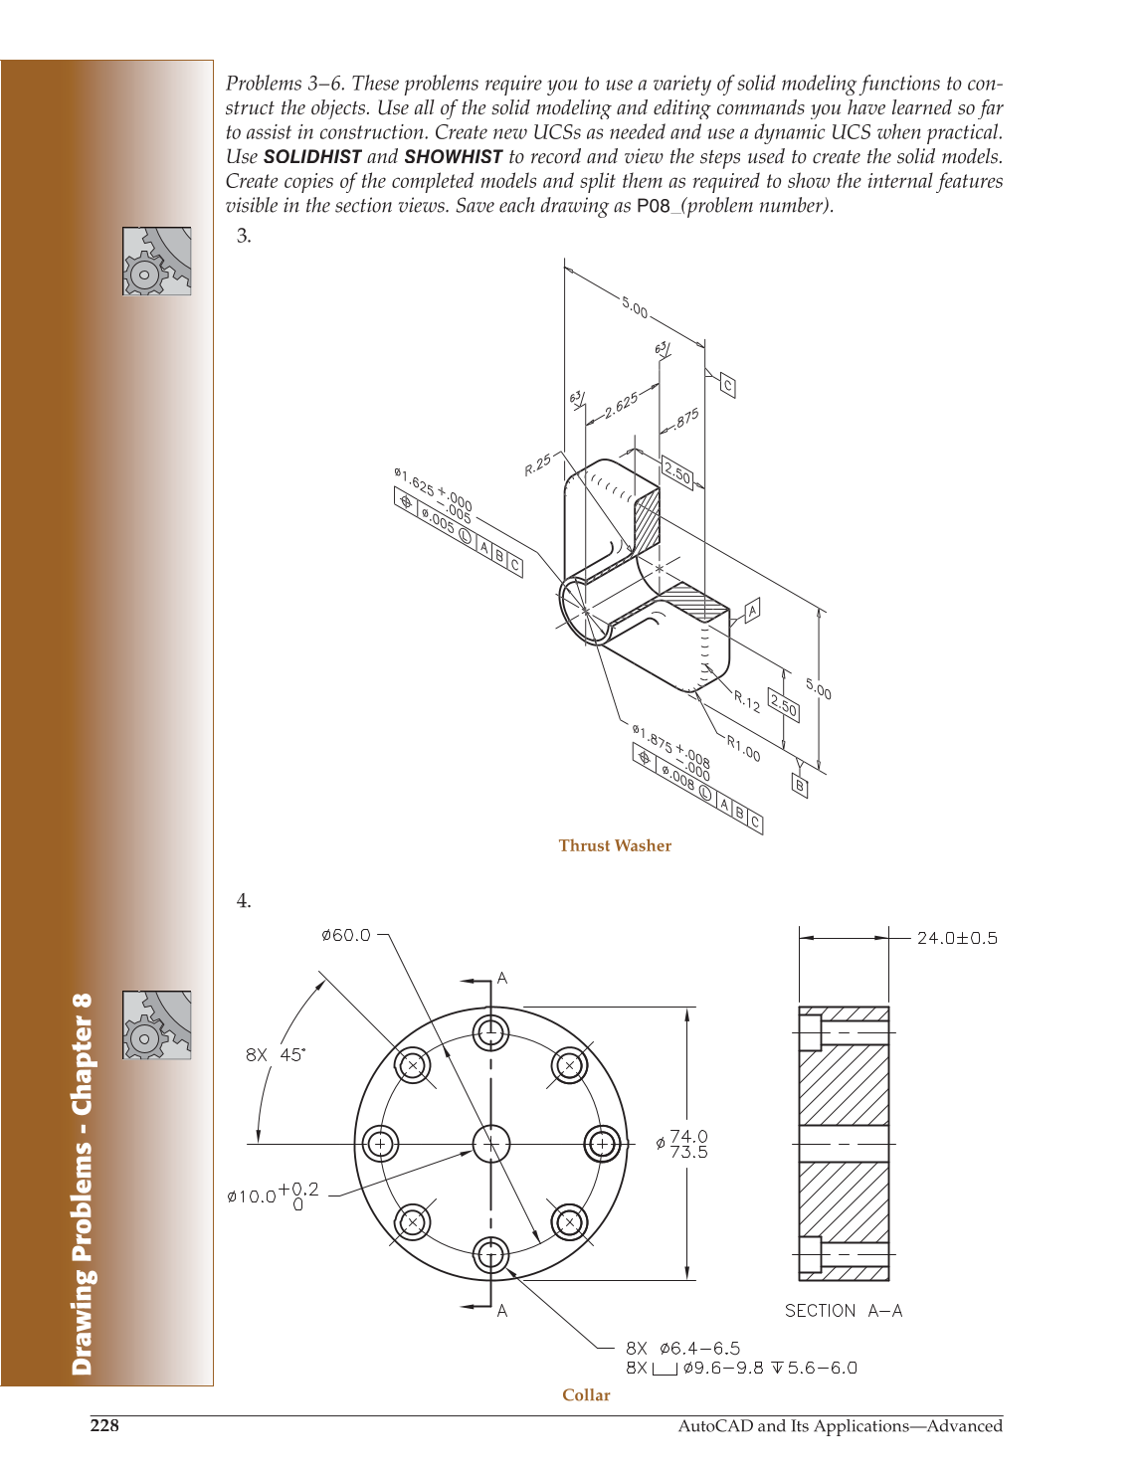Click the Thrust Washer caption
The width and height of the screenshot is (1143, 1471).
[615, 845]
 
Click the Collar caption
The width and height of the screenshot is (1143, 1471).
[586, 1394]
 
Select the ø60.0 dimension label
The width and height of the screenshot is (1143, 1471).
[345, 935]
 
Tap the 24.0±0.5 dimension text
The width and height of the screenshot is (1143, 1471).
[956, 938]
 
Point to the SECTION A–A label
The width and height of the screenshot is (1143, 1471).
[844, 1311]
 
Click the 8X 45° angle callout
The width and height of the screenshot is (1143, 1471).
[276, 1054]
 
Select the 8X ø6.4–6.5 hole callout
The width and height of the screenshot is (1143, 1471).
[683, 1348]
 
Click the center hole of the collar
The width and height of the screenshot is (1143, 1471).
[490, 1144]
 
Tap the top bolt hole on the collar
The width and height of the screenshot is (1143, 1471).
[490, 1032]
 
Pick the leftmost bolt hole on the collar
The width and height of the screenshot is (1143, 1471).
[380, 1144]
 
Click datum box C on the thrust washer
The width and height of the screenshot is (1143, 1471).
[727, 386]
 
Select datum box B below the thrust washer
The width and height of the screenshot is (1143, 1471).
[800, 786]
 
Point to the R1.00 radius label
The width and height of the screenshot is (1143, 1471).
[743, 747]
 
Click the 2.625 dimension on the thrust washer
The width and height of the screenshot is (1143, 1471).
[621, 405]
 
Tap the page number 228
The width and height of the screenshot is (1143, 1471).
[104, 1425]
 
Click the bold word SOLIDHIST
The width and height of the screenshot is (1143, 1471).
[312, 157]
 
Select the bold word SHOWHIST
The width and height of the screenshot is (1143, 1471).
[453, 157]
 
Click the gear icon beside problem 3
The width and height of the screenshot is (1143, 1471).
[157, 261]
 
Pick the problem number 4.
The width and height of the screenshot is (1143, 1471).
[244, 901]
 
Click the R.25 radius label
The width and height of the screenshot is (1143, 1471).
[538, 464]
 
